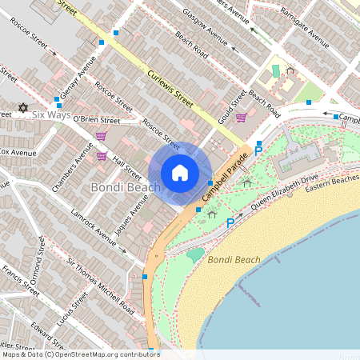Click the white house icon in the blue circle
pyautogui.click(x=180, y=172)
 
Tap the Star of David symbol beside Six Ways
pyautogui.click(x=22, y=107)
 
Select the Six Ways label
pyautogui.click(x=50, y=114)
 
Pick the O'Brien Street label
pyautogui.click(x=96, y=121)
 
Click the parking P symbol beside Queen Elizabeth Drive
pyautogui.click(x=230, y=222)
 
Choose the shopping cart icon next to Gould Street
pyautogui.click(x=241, y=118)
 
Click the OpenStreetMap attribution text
pyautogui.click(x=80, y=354)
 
